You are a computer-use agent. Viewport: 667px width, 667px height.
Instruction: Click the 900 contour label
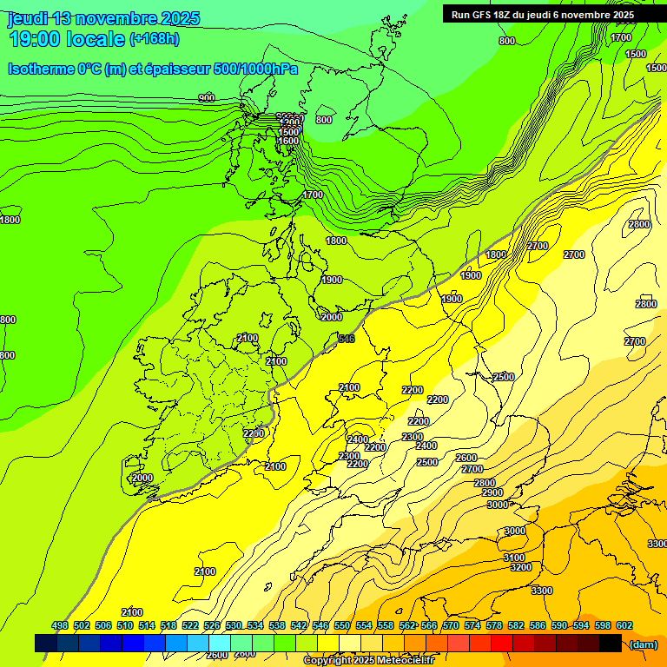[206, 98]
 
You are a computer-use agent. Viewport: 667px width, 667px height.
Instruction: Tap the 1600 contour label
[288, 141]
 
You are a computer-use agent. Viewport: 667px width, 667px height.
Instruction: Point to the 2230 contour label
[253, 433]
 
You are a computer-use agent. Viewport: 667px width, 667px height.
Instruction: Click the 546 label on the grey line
[346, 339]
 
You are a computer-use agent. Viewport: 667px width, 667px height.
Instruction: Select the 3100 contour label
[513, 558]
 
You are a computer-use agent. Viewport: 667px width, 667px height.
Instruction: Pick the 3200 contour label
[520, 567]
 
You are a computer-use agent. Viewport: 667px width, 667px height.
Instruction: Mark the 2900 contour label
[492, 492]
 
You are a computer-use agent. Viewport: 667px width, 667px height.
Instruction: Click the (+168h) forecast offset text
[155, 38]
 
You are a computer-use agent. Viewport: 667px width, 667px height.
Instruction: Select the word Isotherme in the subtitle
[41, 69]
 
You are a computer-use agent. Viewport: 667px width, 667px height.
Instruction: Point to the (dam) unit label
[643, 644]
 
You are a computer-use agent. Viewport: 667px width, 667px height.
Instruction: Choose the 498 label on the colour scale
[60, 625]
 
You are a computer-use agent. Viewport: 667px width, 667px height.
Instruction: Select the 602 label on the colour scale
[624, 625]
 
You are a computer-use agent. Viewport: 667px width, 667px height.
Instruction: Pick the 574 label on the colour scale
[472, 625]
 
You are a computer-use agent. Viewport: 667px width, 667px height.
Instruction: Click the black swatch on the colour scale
[610, 643]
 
